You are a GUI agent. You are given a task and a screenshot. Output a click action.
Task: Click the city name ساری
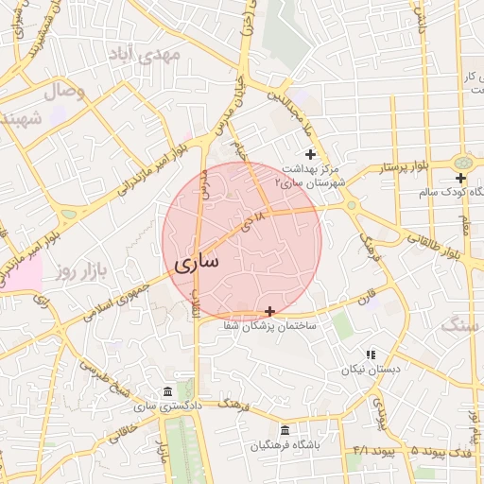click(196, 259)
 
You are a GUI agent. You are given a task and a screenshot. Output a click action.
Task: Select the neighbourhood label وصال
click(64, 91)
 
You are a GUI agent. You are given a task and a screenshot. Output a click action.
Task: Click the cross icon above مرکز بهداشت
click(309, 154)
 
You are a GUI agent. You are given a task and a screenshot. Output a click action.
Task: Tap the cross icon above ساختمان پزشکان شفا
click(270, 311)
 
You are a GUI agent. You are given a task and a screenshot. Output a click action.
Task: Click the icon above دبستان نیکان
click(370, 354)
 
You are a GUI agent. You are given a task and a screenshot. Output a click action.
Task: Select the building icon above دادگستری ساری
click(167, 392)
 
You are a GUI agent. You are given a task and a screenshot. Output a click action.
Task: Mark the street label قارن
click(365, 297)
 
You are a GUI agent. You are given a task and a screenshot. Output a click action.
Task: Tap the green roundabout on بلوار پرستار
click(463, 164)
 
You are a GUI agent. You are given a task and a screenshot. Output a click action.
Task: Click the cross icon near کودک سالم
click(460, 178)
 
